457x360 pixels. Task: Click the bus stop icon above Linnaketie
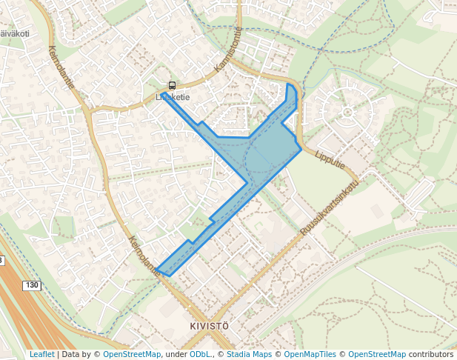[172, 85]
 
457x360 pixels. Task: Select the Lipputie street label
[330, 161]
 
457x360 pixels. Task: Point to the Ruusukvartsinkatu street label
[330, 208]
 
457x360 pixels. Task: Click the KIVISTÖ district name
[204, 326]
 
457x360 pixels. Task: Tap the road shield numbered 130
[31, 285]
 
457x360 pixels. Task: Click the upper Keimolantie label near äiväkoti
[61, 68]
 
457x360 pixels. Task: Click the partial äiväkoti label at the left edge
[15, 33]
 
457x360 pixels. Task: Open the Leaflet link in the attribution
[41, 355]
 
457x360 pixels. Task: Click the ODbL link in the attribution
[199, 355]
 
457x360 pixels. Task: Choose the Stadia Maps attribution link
[249, 355]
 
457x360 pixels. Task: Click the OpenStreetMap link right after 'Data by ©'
[131, 355]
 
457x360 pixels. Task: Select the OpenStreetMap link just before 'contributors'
[376, 355]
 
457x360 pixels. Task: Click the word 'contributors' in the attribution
[430, 355]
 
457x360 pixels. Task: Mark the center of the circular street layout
[347, 113]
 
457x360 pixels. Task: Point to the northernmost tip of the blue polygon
[288, 84]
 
